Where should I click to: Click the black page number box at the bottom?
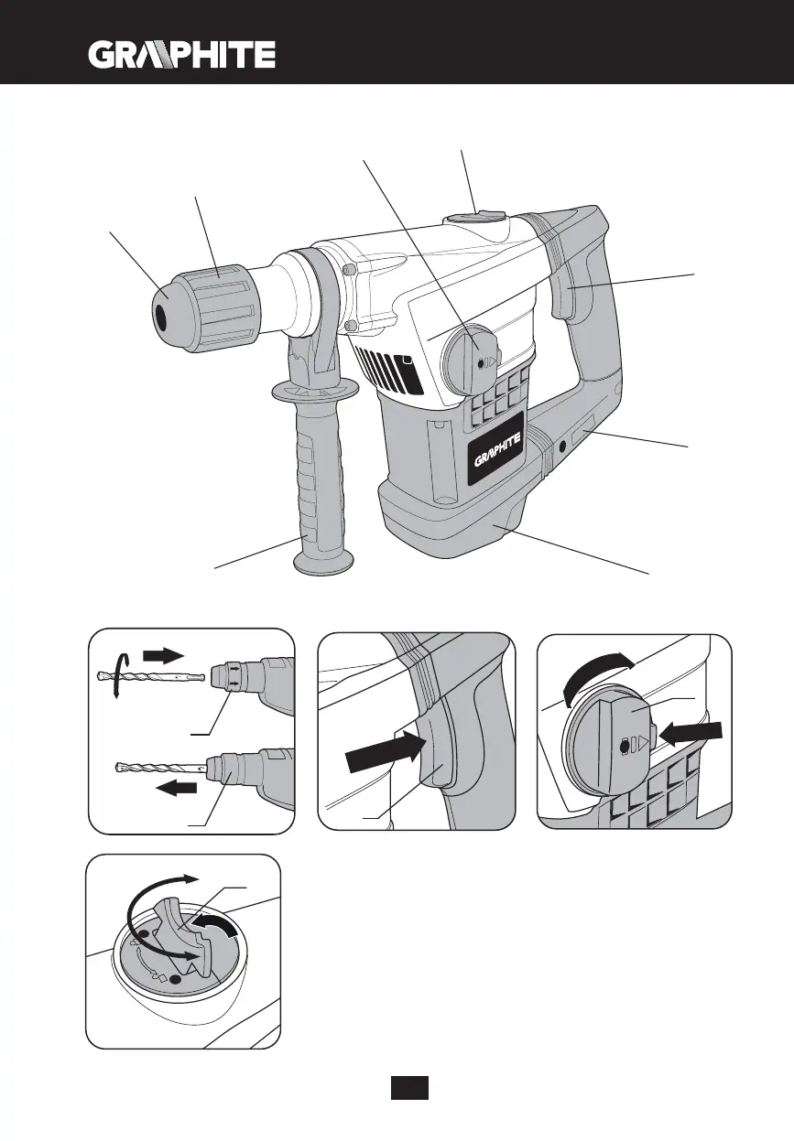click(x=409, y=1088)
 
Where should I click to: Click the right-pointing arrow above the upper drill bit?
click(x=165, y=654)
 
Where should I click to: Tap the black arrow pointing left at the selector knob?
click(x=694, y=734)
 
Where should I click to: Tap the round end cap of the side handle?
click(x=326, y=564)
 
